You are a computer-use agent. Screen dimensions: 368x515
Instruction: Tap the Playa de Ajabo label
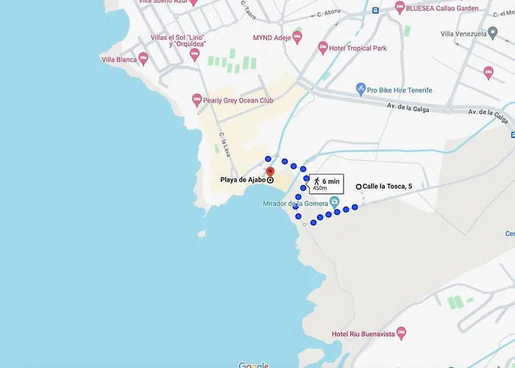point(243,180)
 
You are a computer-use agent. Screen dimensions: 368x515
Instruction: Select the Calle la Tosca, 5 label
point(387,187)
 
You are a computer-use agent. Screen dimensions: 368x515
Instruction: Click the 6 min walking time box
point(324,183)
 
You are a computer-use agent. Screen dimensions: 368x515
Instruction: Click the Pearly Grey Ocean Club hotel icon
point(196,99)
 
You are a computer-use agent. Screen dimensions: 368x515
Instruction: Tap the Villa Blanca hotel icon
point(143,59)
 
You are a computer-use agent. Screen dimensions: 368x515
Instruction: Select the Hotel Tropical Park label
point(359,49)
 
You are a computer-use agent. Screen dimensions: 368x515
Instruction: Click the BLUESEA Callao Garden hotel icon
point(399,8)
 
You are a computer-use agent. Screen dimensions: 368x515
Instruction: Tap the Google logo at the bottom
point(254,365)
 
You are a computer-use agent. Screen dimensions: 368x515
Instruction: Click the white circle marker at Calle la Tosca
point(358,187)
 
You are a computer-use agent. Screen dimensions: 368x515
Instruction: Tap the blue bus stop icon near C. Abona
point(375,10)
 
